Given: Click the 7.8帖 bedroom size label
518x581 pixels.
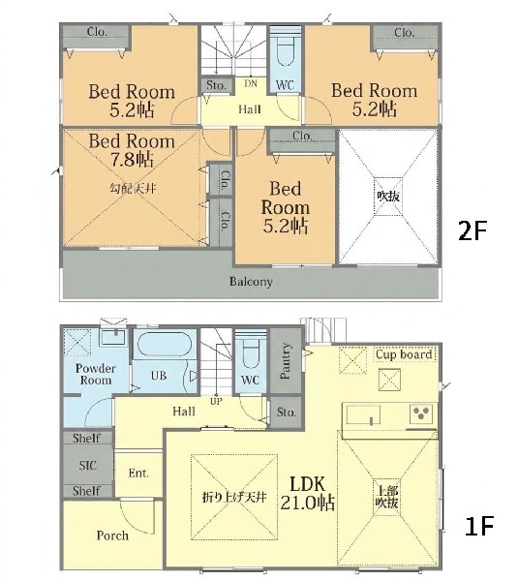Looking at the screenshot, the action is tap(132, 160).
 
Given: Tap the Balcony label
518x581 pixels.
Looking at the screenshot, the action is tap(251, 282).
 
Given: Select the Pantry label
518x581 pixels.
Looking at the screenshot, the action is tap(286, 361).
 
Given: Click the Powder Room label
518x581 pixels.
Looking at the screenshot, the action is tap(96, 374).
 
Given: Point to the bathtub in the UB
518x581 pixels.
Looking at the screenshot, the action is tap(162, 345).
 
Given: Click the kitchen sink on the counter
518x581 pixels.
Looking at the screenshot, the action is tap(363, 414).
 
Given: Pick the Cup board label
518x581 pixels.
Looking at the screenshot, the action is tap(404, 354).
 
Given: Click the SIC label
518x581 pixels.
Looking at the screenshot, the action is tap(87, 466).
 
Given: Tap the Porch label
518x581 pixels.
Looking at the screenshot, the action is tap(112, 535).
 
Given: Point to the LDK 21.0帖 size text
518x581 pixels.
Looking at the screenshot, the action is tap(308, 494).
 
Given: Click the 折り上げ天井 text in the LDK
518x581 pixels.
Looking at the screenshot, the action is tap(234, 497).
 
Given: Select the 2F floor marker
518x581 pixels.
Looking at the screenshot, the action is tap(472, 231).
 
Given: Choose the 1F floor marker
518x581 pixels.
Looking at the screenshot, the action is tap(478, 526).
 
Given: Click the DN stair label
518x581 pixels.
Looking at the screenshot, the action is tap(251, 83).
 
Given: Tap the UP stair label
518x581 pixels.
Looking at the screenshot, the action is tap(216, 401).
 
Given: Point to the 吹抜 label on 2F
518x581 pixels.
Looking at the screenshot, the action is tap(388, 196).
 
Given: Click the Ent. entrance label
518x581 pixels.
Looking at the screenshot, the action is tap(138, 474).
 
